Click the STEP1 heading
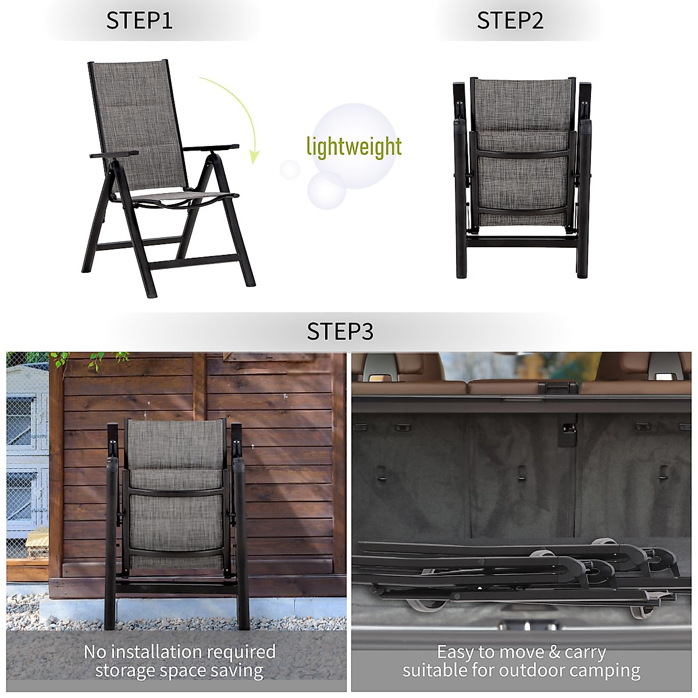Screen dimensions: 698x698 tap(139, 21)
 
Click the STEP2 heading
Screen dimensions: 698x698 tap(510, 21)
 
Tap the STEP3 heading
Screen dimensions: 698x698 tap(340, 332)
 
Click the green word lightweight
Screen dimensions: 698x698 tap(354, 147)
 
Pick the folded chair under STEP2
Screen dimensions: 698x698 tap(522, 174)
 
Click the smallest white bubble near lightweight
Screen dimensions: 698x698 tap(289, 170)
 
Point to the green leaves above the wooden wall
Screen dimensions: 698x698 tap(93, 359)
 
